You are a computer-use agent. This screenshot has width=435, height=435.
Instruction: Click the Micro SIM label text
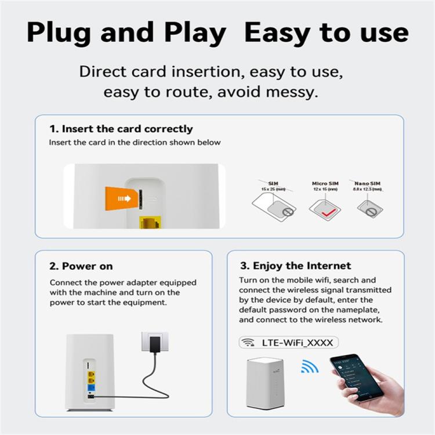tap(325, 183)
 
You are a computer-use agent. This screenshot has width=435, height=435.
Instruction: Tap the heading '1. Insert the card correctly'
tap(121, 129)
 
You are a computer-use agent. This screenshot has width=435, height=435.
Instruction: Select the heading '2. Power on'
tap(81, 266)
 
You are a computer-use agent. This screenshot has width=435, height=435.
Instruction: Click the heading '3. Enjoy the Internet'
tap(295, 266)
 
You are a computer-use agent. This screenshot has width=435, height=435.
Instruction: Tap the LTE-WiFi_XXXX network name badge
tap(288, 342)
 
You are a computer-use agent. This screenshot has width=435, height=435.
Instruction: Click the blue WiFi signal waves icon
tap(309, 366)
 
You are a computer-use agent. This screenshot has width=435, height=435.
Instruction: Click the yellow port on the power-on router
tap(92, 377)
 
